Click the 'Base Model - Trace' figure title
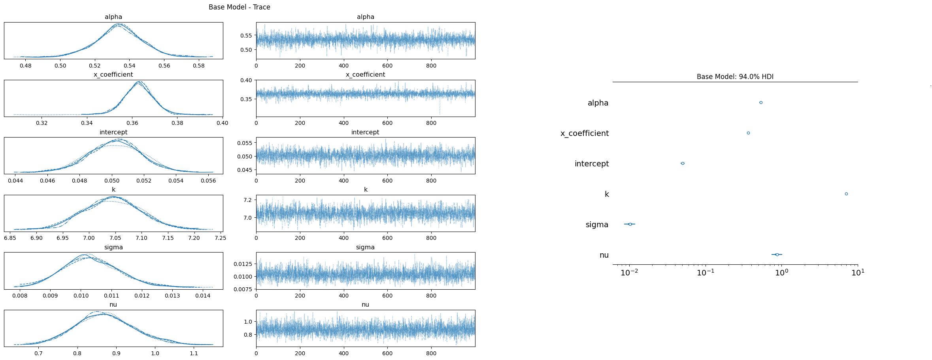click(x=239, y=7)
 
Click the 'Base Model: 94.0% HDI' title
click(x=735, y=77)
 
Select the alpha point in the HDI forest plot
click(x=761, y=103)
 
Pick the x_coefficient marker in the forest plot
click(x=748, y=133)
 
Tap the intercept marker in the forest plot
click(x=683, y=164)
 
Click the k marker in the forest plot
click(x=846, y=194)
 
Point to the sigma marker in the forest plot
click(x=630, y=224)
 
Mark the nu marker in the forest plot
click(x=777, y=255)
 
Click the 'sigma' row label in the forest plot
click(x=597, y=225)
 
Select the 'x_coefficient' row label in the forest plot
click(x=585, y=134)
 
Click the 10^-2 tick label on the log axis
click(x=629, y=273)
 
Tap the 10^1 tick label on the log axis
click(x=858, y=273)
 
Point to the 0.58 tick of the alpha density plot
click(x=199, y=66)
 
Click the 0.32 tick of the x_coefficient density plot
click(x=42, y=123)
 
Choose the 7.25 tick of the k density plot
click(x=220, y=238)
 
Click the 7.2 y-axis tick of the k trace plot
click(x=248, y=200)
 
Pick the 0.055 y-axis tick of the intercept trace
click(x=245, y=143)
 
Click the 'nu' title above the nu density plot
click(x=113, y=305)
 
